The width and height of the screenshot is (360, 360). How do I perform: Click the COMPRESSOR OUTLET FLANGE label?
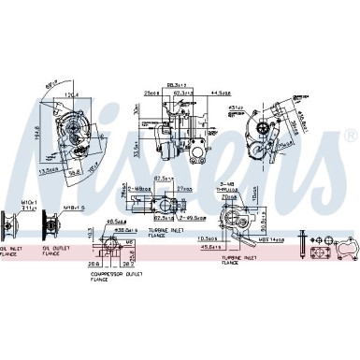point(122,274)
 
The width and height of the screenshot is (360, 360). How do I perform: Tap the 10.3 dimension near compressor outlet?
point(89,231)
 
